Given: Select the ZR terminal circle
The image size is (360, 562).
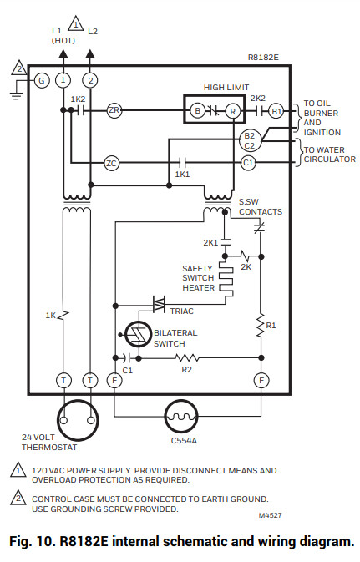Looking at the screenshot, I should click(x=114, y=110).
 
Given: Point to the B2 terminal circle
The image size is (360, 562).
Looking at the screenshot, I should click(x=248, y=135).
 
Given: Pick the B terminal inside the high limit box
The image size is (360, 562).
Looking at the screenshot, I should click(x=197, y=110).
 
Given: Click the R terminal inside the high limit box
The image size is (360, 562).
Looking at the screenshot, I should click(x=233, y=110).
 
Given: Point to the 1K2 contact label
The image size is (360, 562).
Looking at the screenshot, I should click(x=78, y=99).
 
